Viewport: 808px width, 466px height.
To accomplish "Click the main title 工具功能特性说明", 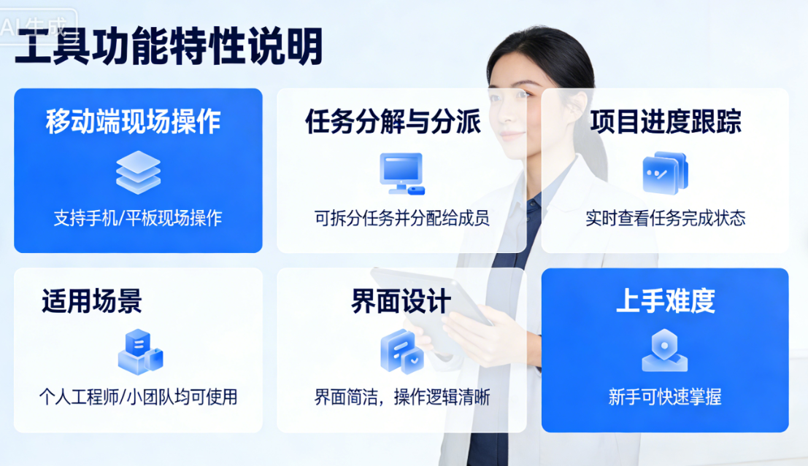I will [169, 48].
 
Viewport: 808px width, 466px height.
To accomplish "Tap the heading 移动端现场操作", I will [134, 122].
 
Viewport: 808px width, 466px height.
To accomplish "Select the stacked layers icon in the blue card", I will [138, 172].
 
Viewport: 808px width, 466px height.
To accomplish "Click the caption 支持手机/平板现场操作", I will [138, 218].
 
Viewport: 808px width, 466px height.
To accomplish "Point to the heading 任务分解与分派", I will [393, 122].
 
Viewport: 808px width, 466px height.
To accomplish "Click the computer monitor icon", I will [401, 173].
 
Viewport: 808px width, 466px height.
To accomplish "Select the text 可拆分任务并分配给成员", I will [401, 218].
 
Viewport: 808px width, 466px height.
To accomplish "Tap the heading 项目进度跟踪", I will [666, 122].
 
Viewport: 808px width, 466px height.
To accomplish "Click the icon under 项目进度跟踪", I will [665, 173].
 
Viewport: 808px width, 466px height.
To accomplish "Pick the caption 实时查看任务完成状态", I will [666, 218].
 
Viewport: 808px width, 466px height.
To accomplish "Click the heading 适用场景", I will [92, 301].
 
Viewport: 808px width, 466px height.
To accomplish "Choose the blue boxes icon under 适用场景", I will [139, 352].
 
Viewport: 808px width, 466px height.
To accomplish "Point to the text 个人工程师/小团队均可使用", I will [138, 397].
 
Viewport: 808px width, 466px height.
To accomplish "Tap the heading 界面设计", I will [401, 302].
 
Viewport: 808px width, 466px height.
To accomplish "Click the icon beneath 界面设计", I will [401, 352].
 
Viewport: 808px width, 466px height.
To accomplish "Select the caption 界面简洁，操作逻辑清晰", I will [401, 397].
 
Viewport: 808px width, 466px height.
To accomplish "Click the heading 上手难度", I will [665, 301].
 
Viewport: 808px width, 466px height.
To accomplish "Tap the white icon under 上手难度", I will [664, 351].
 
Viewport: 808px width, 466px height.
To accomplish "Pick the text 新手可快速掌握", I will [665, 397].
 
